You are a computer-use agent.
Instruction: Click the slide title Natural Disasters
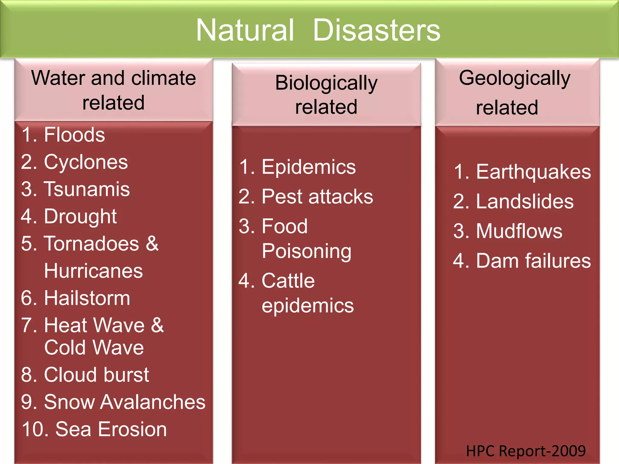[x=318, y=30]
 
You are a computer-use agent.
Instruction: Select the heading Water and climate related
[x=114, y=90]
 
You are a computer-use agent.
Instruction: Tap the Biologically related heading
[x=326, y=95]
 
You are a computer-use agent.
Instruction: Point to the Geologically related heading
[x=514, y=92]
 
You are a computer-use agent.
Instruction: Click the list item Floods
[x=74, y=135]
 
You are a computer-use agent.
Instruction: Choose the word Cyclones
[x=86, y=162]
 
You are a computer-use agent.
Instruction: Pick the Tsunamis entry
[x=87, y=189]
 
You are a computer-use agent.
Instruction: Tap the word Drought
[x=80, y=217]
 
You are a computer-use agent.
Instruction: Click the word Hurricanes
[x=93, y=271]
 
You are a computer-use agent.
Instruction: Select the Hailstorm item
[x=87, y=298]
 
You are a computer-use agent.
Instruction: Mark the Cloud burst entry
[x=96, y=375]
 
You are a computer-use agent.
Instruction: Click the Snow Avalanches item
[x=125, y=402]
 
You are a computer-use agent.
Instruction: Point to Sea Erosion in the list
[x=111, y=429]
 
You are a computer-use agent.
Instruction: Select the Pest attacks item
[x=317, y=197]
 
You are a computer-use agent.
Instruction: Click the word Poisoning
[x=306, y=251]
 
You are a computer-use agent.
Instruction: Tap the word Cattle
[x=288, y=281]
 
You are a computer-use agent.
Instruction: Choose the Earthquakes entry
[x=533, y=172]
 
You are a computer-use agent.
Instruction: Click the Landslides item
[x=525, y=201]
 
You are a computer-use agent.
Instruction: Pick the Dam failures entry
[x=533, y=261]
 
